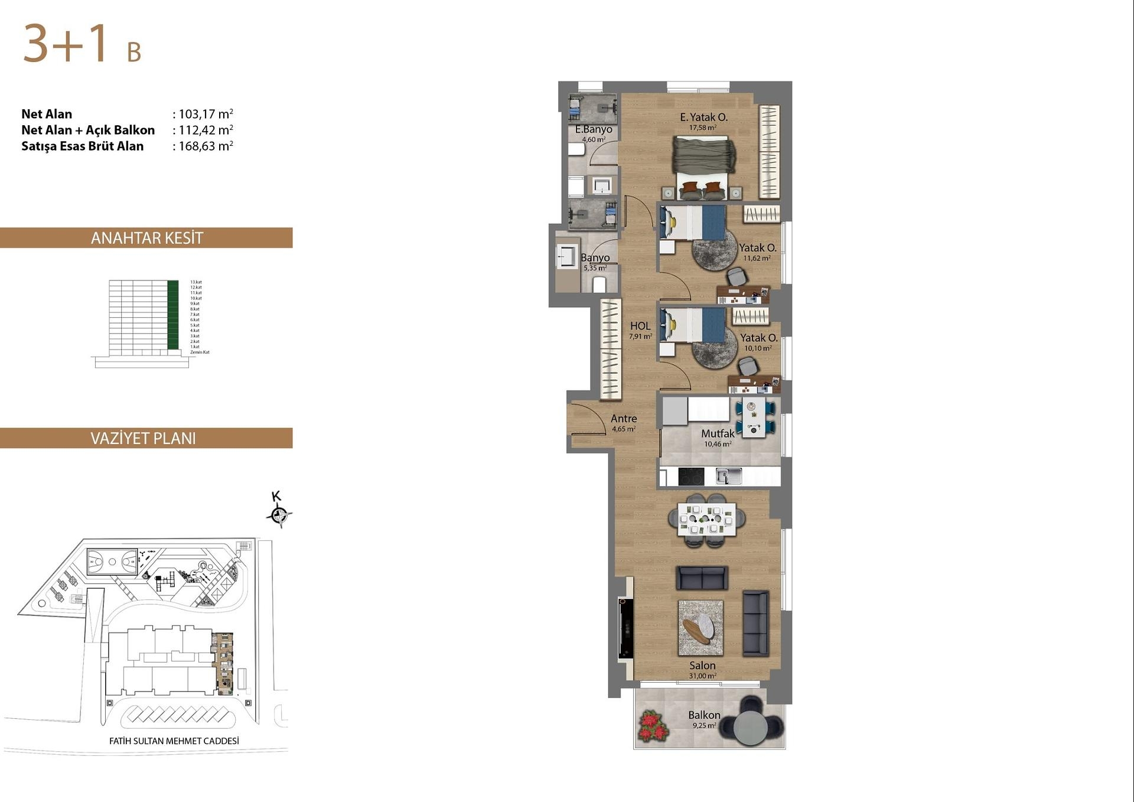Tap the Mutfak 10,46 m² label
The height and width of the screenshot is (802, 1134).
(718, 437)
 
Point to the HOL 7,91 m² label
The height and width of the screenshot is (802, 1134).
(640, 330)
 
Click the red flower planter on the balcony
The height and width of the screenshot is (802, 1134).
(652, 726)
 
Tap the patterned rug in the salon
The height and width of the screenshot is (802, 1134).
(700, 628)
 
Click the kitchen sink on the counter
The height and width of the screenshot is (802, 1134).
(728, 476)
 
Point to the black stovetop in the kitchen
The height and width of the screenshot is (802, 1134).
(691, 476)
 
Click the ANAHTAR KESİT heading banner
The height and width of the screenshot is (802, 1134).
(146, 238)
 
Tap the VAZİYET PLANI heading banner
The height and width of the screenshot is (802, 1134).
(144, 438)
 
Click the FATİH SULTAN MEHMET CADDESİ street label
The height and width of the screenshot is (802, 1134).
(174, 741)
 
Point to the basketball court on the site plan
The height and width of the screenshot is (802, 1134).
(112, 562)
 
